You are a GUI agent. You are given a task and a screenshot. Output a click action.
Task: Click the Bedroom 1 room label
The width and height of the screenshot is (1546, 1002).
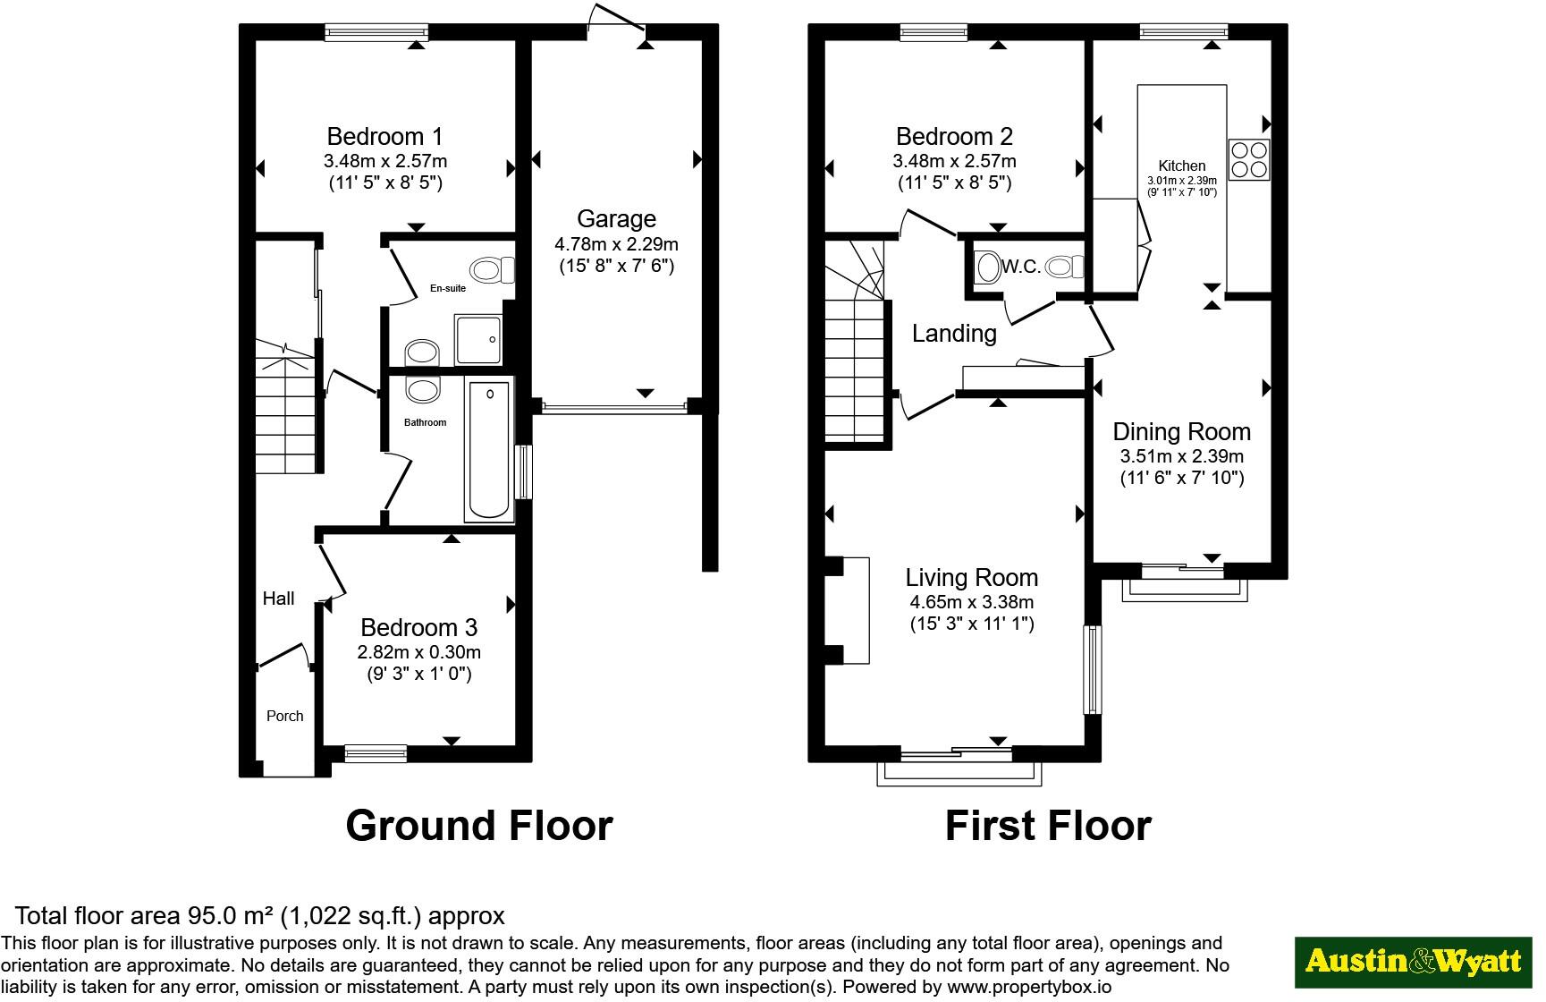tap(384, 137)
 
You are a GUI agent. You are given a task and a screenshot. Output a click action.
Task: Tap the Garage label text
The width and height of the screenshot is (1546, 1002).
tap(616, 219)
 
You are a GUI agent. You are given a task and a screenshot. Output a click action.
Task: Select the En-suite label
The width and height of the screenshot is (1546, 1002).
tap(448, 288)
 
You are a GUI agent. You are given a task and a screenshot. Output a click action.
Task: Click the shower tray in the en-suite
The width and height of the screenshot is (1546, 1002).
tap(478, 339)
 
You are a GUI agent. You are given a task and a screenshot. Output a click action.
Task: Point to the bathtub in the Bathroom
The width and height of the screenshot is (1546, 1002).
tap(489, 450)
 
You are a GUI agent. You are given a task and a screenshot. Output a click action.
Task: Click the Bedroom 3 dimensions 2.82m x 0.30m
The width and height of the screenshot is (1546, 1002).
tap(419, 652)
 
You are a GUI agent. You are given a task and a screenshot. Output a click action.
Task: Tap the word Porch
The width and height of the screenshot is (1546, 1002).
tap(285, 716)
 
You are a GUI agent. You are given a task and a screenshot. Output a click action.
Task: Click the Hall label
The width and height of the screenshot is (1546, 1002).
tap(278, 599)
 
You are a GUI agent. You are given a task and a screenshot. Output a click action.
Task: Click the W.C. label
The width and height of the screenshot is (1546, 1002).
tap(1021, 267)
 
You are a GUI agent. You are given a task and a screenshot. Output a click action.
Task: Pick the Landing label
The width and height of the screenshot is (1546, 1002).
tap(954, 334)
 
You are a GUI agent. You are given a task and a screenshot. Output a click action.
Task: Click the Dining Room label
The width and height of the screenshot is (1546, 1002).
tap(1181, 432)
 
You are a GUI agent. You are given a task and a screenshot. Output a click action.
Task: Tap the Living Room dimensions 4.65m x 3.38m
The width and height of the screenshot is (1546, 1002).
tap(971, 602)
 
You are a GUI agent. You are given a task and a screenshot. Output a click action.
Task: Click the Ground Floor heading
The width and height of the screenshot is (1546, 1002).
tap(479, 825)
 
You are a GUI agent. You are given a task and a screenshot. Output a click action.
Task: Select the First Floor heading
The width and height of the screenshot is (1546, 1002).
tap(1048, 825)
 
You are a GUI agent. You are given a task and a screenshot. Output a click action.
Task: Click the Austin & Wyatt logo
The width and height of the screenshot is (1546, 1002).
tap(1414, 962)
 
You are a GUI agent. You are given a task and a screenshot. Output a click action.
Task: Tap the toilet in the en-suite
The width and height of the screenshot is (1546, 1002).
tap(493, 269)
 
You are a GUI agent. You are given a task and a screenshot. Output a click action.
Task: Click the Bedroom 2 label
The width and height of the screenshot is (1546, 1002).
tap(954, 137)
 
